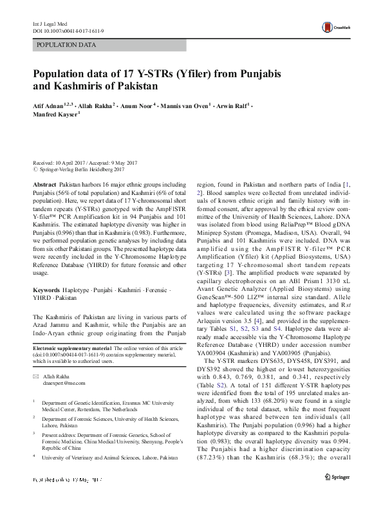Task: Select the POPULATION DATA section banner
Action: click(67, 45)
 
